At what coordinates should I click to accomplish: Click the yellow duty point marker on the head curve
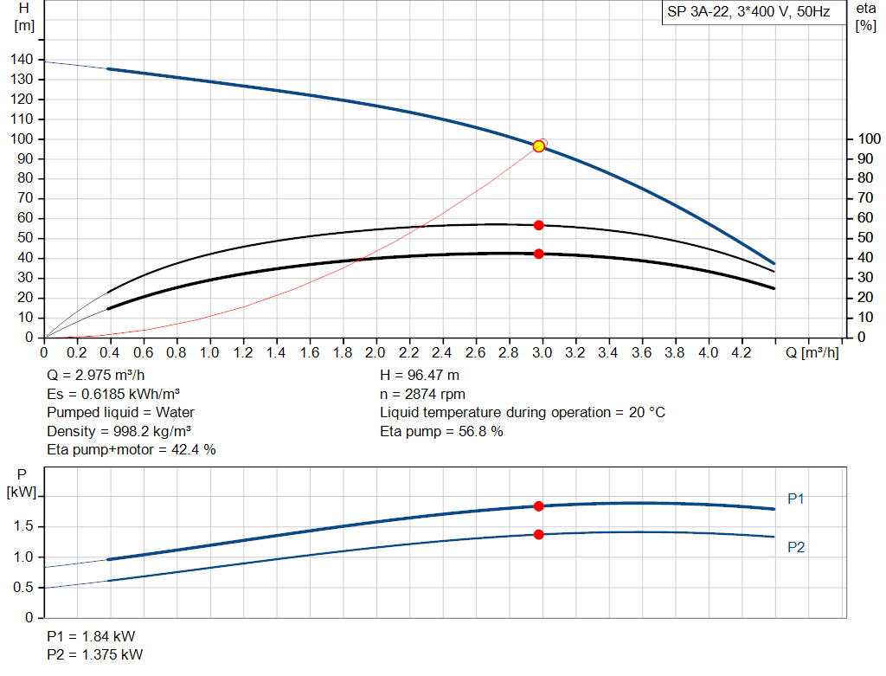538,146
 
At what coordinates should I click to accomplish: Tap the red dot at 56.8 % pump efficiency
538,225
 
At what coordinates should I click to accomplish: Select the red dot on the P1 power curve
538,506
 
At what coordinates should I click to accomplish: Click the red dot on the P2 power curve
538,535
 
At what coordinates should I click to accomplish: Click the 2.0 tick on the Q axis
376,353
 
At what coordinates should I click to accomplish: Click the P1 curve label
796,499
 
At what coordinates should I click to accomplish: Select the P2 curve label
796,547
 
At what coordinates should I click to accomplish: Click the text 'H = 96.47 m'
419,376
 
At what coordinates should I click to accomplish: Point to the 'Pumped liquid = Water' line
120,412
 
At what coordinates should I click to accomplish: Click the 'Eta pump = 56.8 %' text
441,431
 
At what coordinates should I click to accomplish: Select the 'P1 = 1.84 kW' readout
91,634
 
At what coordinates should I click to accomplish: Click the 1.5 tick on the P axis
24,526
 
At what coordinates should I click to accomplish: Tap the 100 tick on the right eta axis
867,138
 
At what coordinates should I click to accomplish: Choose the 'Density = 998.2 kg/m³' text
119,431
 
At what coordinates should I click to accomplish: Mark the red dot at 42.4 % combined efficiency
538,254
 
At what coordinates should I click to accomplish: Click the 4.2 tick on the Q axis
741,353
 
